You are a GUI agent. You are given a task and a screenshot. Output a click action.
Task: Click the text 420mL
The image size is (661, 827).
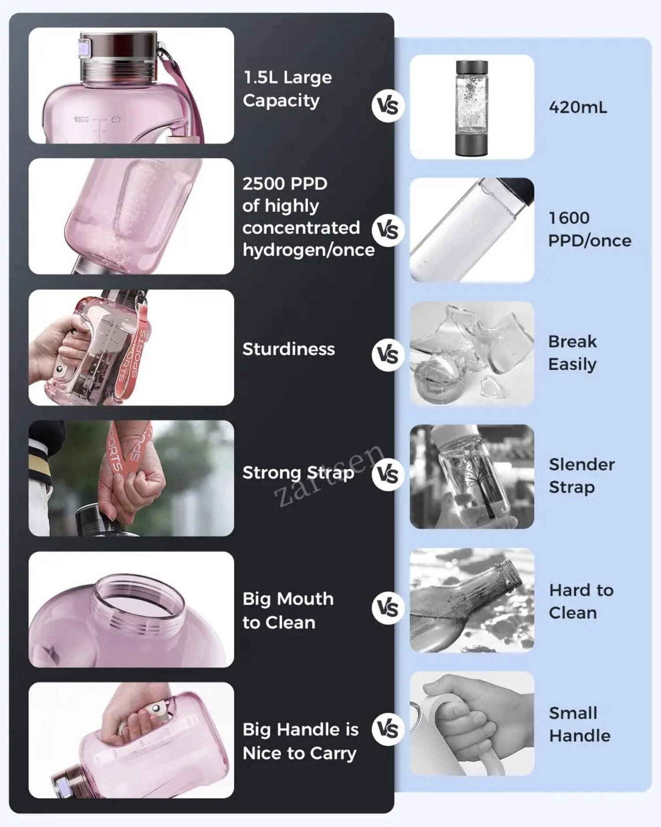click(x=578, y=107)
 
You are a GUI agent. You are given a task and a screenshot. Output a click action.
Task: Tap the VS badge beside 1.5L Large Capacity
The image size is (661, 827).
click(x=388, y=106)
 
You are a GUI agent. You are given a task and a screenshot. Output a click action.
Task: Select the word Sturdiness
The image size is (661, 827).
click(x=289, y=349)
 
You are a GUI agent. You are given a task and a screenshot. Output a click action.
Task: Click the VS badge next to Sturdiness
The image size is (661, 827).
click(x=388, y=355)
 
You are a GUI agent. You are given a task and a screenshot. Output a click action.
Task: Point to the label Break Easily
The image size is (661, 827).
click(x=572, y=353)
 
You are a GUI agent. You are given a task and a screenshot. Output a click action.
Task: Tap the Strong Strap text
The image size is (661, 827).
click(x=298, y=473)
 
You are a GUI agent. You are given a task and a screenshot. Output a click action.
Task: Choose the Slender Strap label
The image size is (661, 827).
click(x=582, y=475)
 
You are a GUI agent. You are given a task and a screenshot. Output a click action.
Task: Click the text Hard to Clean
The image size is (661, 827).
click(x=581, y=601)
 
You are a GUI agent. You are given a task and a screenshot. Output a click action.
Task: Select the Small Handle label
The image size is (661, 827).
click(x=579, y=724)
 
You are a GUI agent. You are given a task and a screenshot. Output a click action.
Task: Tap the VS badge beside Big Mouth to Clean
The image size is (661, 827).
click(x=388, y=608)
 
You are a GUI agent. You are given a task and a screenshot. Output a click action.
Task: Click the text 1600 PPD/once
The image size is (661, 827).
click(x=590, y=229)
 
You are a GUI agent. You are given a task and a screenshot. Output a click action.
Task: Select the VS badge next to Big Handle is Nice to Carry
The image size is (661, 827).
click(x=388, y=729)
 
